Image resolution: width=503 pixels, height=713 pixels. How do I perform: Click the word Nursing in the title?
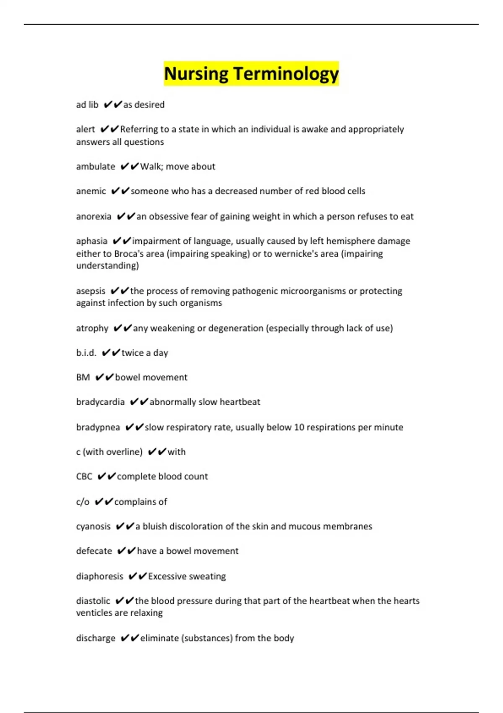[x=196, y=74]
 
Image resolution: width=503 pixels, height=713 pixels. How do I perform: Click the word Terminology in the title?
[x=286, y=74]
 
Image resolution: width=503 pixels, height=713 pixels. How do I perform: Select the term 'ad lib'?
[x=87, y=105]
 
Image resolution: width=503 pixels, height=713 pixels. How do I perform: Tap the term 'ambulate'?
[x=96, y=167]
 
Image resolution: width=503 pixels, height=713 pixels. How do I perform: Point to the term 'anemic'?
[x=91, y=191]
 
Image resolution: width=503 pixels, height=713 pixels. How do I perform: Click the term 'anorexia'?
[x=94, y=216]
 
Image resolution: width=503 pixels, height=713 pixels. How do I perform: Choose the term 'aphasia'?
[x=92, y=241]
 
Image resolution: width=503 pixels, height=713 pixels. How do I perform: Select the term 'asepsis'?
[x=91, y=291]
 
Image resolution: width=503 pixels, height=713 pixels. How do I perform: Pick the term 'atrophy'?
[x=92, y=328]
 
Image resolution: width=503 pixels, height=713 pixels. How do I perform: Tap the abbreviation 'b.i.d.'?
[x=86, y=353]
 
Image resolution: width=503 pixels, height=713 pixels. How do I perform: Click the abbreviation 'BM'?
[x=83, y=377]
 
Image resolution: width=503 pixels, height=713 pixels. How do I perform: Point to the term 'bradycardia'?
[x=101, y=402]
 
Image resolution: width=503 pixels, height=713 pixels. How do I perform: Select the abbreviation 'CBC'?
[x=84, y=477]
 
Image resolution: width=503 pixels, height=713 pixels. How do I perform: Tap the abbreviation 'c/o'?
[x=83, y=502]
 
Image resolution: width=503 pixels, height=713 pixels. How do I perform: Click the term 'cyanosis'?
[x=93, y=527]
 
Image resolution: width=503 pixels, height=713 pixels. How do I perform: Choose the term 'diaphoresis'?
[x=100, y=577]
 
